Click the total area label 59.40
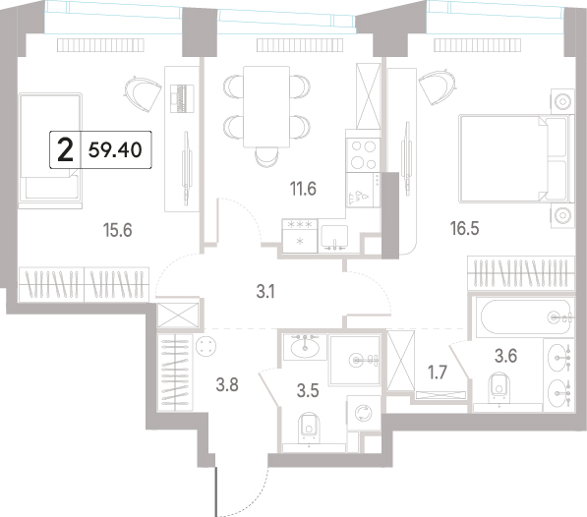coord(115,150)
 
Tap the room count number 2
coord(65,150)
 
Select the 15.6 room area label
coord(118,230)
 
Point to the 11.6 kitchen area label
coord(303,189)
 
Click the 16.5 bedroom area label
coord(464,228)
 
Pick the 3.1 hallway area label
coord(265,291)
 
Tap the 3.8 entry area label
coord(227,384)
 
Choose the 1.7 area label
coord(438,373)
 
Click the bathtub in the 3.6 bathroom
coord(524,317)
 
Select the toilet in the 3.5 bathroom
coord(309,428)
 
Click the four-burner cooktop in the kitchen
coord(363,155)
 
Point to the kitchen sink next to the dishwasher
coord(334,238)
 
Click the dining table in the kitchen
coord(266,107)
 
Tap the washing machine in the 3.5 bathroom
coord(362,414)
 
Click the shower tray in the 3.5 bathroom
coord(355,361)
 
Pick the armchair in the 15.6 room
coord(143,93)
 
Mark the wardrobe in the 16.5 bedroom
coord(521,273)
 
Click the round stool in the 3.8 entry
coord(205,346)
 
